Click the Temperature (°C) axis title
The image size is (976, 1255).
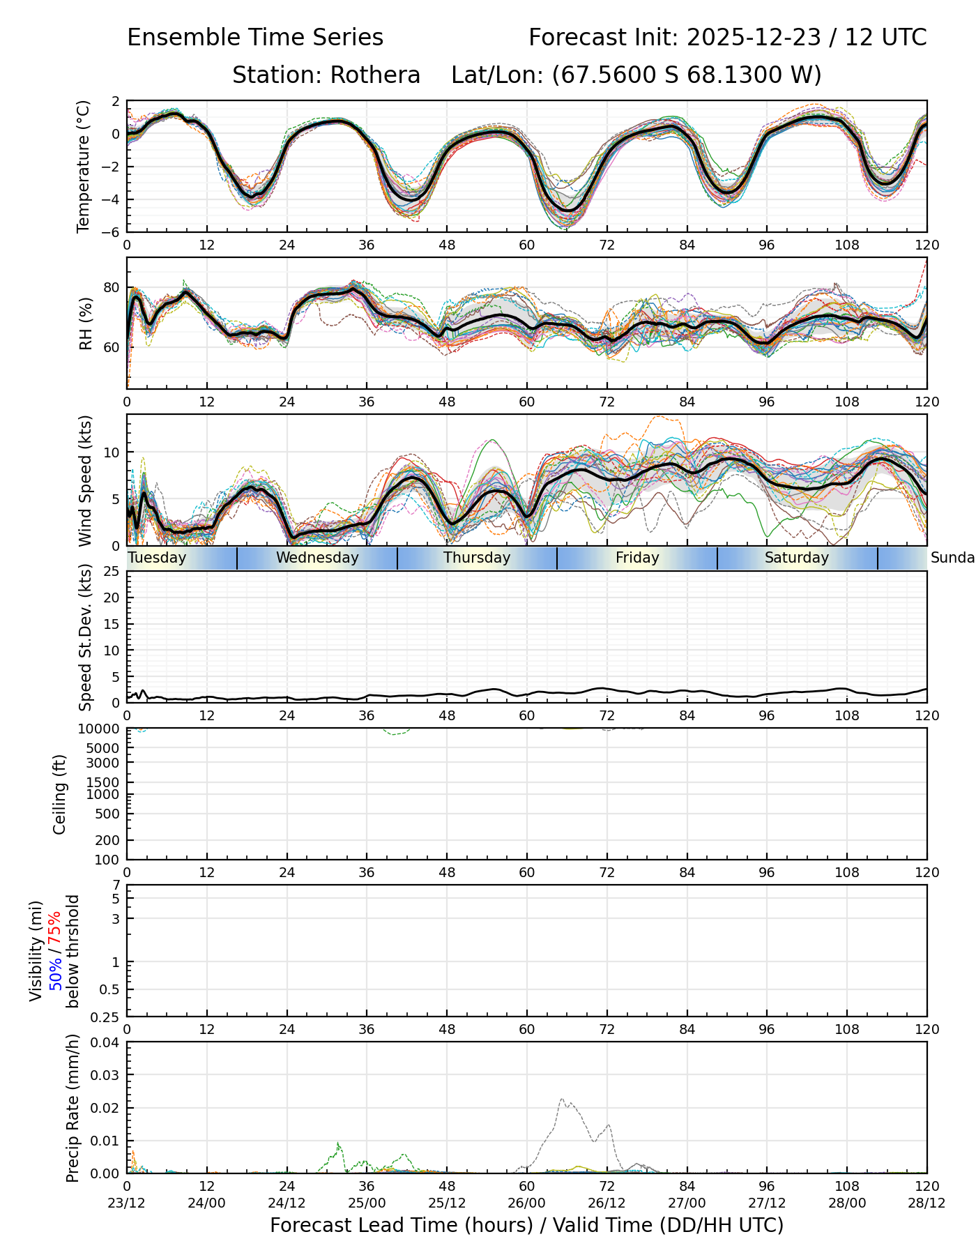pyautogui.click(x=84, y=166)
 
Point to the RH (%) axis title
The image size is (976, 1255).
pyautogui.click(x=86, y=323)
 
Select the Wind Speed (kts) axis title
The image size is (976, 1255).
pyautogui.click(x=85, y=480)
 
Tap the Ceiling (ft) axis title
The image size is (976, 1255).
pyautogui.click(x=60, y=794)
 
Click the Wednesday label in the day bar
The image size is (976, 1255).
pyautogui.click(x=317, y=558)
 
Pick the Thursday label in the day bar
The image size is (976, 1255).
pyautogui.click(x=477, y=558)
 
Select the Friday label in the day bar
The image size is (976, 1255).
pyautogui.click(x=637, y=558)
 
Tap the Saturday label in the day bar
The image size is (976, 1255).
pyautogui.click(x=797, y=558)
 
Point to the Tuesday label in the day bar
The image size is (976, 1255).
pyautogui.click(x=158, y=558)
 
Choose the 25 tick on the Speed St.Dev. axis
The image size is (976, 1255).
pyautogui.click(x=112, y=572)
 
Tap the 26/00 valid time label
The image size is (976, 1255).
pyautogui.click(x=527, y=1203)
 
